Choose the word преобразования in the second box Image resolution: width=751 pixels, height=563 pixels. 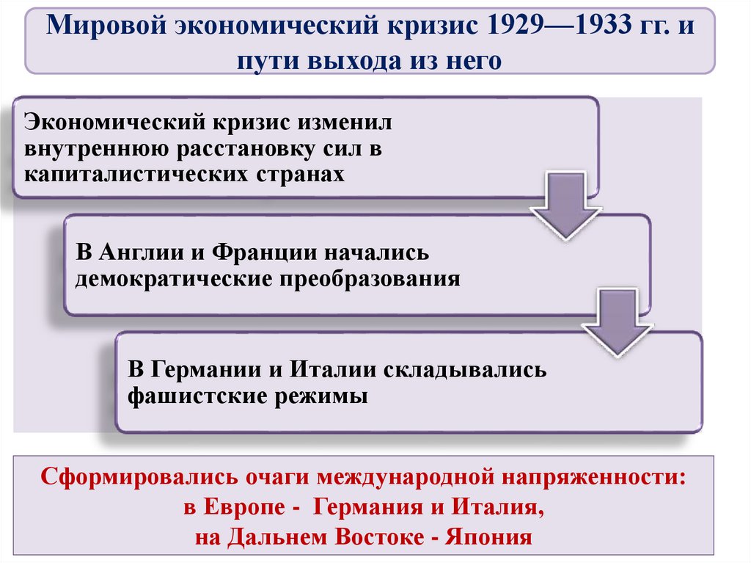coord(367,280)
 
